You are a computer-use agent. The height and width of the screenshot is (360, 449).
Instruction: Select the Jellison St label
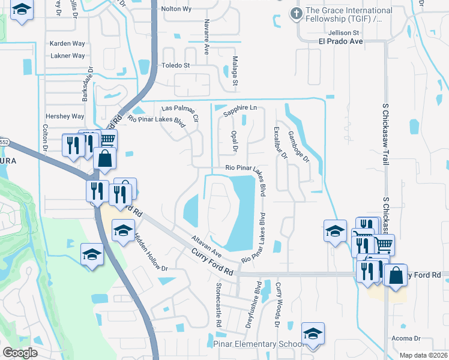point(344,32)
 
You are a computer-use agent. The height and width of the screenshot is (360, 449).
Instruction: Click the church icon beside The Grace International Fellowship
point(295,13)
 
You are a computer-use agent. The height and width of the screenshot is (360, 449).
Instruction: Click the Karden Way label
point(67,44)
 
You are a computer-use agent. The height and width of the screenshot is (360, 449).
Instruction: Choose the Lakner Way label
point(67,56)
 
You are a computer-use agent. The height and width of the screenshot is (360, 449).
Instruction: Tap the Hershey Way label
point(65,116)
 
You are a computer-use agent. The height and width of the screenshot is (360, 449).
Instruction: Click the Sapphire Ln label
point(240,107)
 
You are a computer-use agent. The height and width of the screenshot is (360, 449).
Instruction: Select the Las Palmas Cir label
point(180,112)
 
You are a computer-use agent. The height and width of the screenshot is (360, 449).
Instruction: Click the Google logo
point(20,353)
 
